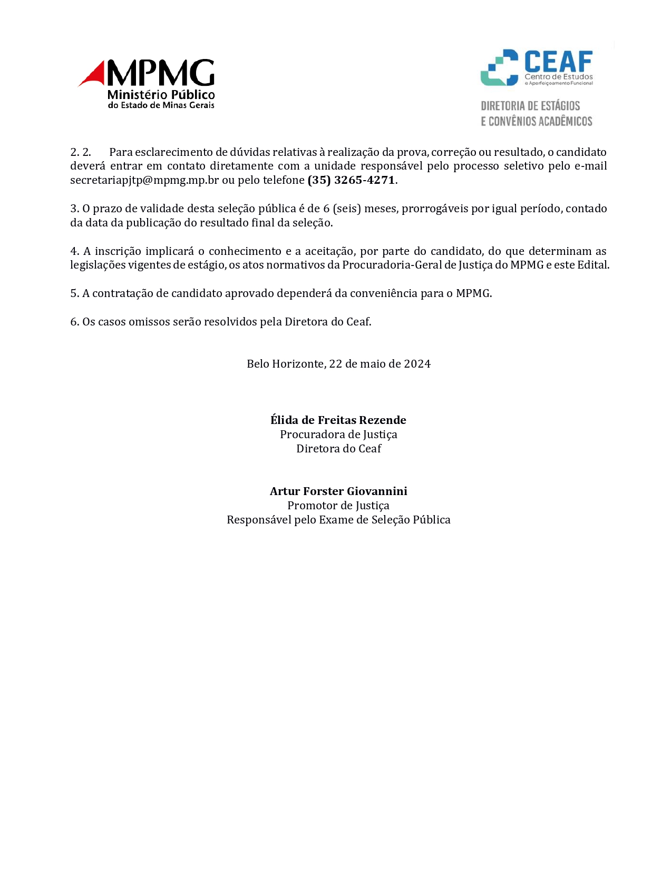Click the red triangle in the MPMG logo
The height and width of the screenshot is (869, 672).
click(x=94, y=75)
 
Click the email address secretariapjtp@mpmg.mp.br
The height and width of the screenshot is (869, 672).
click(x=144, y=180)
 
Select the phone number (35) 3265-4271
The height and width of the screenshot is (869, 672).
click(x=351, y=180)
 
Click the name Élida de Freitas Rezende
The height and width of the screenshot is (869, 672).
click(x=338, y=420)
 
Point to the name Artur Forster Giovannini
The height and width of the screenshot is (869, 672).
click(x=338, y=491)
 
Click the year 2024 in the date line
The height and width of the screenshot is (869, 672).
click(x=417, y=364)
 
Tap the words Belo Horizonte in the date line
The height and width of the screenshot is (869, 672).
click(x=285, y=364)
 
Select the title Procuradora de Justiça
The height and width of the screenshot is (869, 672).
click(x=338, y=434)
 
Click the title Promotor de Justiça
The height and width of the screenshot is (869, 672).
click(x=338, y=506)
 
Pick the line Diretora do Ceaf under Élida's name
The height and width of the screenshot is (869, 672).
click(x=338, y=449)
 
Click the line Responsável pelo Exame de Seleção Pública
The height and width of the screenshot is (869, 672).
click(x=338, y=520)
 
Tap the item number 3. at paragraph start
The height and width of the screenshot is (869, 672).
click(x=74, y=209)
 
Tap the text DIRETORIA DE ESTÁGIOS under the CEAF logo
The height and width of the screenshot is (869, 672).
click(x=530, y=106)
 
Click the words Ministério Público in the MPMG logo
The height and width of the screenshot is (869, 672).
click(x=161, y=95)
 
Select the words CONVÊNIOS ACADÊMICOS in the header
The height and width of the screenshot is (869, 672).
click(x=540, y=122)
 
